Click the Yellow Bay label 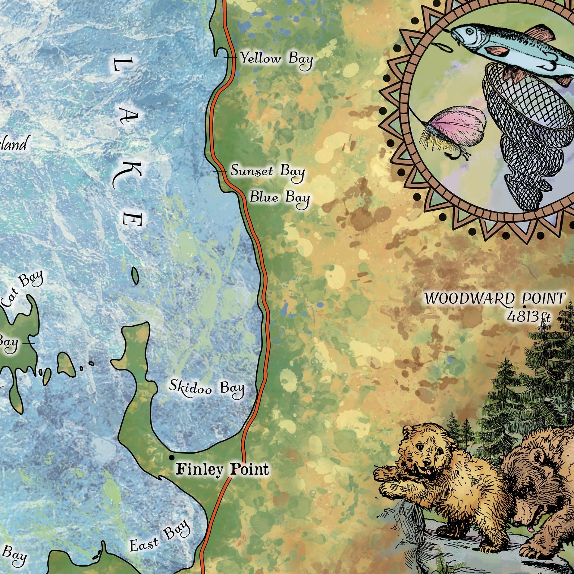[277, 59]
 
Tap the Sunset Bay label [267, 171]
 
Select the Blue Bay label [279, 198]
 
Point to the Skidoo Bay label [207, 388]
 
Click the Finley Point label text [222, 469]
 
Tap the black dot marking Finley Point [171, 458]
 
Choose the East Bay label [159, 537]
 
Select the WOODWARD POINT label [494, 299]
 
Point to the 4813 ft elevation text [528, 317]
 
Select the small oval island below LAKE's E [135, 275]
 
